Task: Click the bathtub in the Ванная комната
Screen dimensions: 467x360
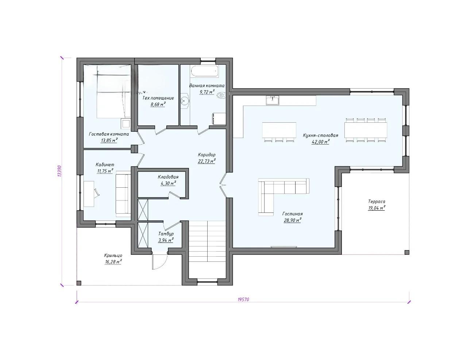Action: (x=204, y=71)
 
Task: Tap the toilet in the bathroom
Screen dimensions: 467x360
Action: (x=221, y=95)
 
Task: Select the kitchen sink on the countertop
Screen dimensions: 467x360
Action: (x=273, y=100)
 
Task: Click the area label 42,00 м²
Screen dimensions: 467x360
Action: (x=321, y=142)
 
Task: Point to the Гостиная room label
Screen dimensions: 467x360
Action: (x=293, y=214)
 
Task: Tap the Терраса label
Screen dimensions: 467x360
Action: (x=377, y=202)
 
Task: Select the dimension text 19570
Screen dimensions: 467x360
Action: (x=243, y=299)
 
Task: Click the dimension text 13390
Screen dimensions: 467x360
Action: (x=60, y=171)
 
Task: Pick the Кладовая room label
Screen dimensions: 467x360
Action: (x=168, y=177)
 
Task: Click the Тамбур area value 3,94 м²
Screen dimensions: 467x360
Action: (x=166, y=240)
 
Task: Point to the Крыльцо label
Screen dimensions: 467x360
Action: (x=113, y=256)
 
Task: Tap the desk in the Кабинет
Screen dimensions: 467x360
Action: (x=89, y=194)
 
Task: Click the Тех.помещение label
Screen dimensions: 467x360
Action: (x=158, y=98)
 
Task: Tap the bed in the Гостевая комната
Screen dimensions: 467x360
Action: (x=114, y=91)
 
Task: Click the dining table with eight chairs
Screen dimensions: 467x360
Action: (x=366, y=130)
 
